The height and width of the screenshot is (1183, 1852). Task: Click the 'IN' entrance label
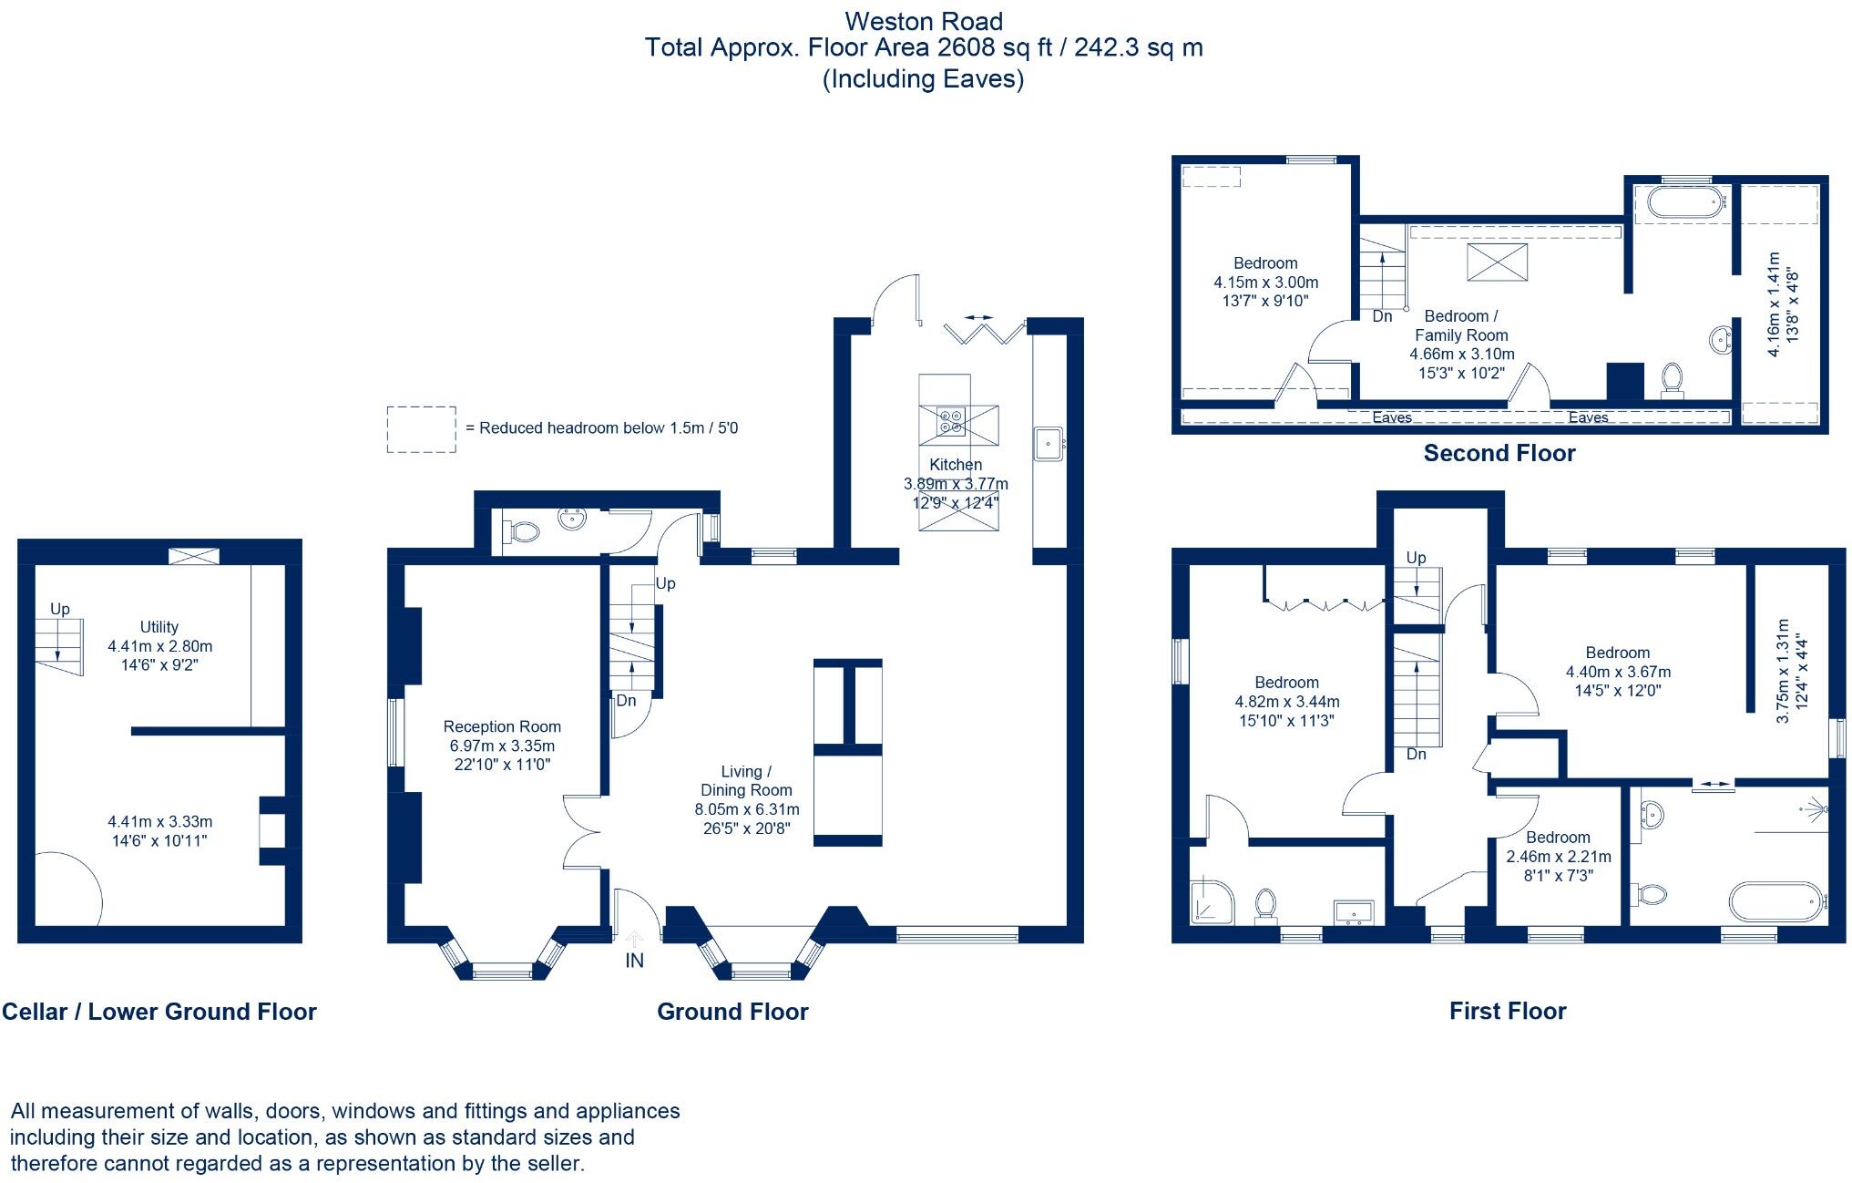coord(634,961)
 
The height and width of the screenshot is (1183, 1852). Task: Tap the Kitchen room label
coord(956,465)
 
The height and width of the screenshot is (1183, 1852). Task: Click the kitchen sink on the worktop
coord(1049,445)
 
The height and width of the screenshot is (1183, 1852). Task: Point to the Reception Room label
coord(502,726)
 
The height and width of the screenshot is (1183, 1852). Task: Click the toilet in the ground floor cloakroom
coord(521,530)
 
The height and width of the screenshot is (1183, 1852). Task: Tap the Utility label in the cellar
coord(159,627)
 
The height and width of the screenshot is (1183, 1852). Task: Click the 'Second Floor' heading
coord(1499,453)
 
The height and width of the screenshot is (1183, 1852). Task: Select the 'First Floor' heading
coord(1508,1011)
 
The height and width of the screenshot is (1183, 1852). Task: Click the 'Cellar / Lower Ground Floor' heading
coord(159,1012)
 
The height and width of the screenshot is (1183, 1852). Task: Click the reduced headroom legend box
coord(421,429)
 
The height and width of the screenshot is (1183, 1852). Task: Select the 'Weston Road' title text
coord(924,21)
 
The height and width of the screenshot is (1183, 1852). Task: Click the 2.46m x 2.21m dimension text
coord(1559,857)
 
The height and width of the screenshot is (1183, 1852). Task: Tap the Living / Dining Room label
coord(746,781)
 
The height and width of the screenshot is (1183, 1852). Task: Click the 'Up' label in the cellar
coord(60,610)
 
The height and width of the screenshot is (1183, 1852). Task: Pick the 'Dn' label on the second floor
coord(1382,316)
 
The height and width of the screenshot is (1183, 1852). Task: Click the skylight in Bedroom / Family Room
coord(1490,262)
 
